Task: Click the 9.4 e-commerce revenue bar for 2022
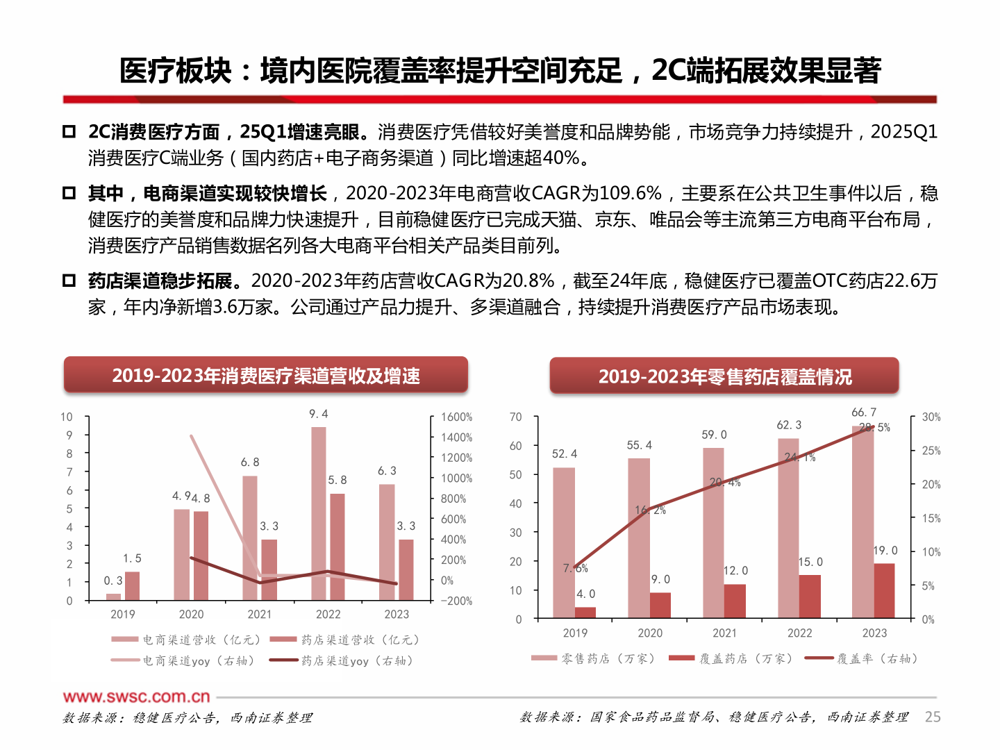(318, 514)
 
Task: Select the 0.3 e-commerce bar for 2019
(113, 597)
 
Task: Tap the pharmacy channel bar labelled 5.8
(337, 547)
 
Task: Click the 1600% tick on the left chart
(456, 417)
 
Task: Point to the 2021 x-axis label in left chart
(260, 615)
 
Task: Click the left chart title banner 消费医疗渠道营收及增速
(266, 376)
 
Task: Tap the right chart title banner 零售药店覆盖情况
(724, 376)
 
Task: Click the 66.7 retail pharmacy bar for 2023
(862, 521)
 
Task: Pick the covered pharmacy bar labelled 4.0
(585, 612)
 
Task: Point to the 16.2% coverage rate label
(650, 510)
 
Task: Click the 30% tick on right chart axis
(931, 417)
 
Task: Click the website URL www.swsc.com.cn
(136, 697)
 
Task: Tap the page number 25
(933, 717)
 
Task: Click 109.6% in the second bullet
(631, 193)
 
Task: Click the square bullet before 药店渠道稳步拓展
(69, 281)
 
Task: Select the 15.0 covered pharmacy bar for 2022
(810, 596)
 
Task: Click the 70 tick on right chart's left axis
(515, 417)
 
